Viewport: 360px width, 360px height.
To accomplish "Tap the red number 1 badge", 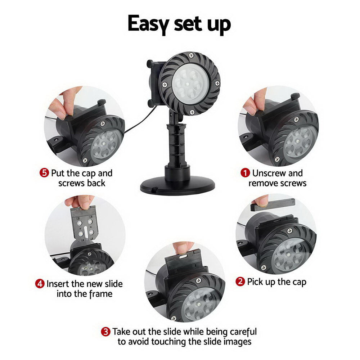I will (x=246, y=173).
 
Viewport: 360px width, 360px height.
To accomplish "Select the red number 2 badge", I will (x=240, y=282).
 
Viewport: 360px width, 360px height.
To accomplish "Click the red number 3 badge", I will (x=105, y=332).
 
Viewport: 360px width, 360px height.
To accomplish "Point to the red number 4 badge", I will (x=40, y=284).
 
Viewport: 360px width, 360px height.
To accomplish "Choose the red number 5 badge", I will (x=44, y=173).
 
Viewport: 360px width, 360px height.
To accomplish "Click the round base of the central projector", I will (x=177, y=184).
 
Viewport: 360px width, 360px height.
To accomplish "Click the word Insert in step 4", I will (x=59, y=284).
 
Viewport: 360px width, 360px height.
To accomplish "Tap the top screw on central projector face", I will (x=191, y=55).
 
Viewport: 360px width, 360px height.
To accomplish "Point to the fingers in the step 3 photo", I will (x=183, y=247).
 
